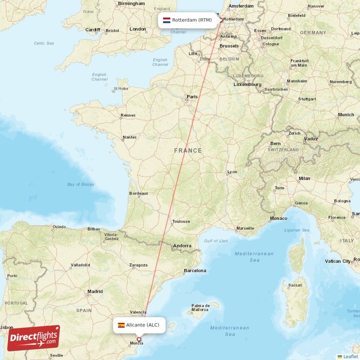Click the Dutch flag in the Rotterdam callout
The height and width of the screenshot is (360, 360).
[x=166, y=20]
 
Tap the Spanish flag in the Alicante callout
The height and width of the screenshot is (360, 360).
[x=121, y=325]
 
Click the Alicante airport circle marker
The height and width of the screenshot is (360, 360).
[x=139, y=340]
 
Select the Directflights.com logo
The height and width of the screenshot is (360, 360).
[x=33, y=338]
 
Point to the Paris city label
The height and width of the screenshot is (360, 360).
[x=192, y=96]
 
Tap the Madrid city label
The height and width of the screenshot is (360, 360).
[x=95, y=292]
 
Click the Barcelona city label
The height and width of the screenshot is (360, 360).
[x=195, y=271]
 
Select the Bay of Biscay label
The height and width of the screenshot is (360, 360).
[x=81, y=184]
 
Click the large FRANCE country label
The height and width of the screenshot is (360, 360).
[x=188, y=151]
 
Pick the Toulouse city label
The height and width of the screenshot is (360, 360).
[x=181, y=221]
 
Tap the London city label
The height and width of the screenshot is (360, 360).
[x=138, y=29]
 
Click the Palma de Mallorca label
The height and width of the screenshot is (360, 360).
[x=199, y=307]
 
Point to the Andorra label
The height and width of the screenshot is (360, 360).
[x=182, y=246]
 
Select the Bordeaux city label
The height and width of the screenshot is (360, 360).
[x=138, y=193]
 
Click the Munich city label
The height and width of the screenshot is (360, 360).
[x=346, y=115]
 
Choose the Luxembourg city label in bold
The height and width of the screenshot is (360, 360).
[x=247, y=85]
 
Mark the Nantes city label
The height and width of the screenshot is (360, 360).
[x=129, y=137]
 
